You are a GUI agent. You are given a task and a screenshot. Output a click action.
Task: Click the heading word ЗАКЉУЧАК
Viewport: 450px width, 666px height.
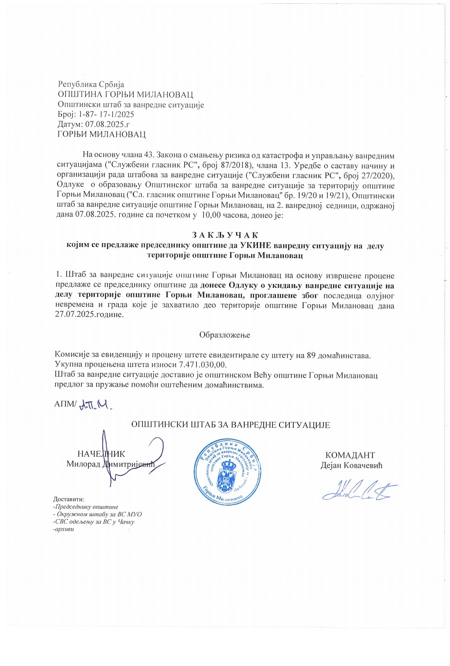click(225, 235)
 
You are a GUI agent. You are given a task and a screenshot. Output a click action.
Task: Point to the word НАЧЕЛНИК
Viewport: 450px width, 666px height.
click(101, 454)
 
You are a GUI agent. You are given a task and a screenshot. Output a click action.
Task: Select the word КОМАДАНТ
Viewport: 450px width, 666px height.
click(350, 455)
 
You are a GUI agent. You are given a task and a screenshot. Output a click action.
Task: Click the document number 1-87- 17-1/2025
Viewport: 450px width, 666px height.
click(106, 114)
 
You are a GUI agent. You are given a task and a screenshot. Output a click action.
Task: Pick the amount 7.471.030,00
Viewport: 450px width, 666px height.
click(202, 365)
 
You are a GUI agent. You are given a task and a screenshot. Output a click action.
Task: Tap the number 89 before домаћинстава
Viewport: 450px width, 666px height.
click(312, 355)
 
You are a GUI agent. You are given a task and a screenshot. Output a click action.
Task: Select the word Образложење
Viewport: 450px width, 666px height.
click(225, 335)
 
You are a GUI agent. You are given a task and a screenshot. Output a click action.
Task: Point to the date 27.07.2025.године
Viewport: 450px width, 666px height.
click(90, 314)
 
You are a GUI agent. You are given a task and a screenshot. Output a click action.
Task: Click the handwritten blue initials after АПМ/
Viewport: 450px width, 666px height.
click(96, 405)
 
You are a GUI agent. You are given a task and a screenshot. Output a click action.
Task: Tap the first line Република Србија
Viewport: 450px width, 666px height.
click(91, 85)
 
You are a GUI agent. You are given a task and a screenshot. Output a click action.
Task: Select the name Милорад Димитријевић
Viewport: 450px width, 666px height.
click(110, 464)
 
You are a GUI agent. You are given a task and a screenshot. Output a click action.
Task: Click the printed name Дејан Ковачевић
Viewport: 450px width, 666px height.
click(352, 465)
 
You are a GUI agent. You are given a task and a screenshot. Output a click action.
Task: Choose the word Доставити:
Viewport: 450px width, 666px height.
click(69, 499)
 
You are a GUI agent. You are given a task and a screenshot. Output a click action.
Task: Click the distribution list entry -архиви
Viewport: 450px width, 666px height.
click(64, 529)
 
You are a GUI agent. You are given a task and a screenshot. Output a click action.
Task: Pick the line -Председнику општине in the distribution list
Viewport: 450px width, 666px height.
click(86, 507)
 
